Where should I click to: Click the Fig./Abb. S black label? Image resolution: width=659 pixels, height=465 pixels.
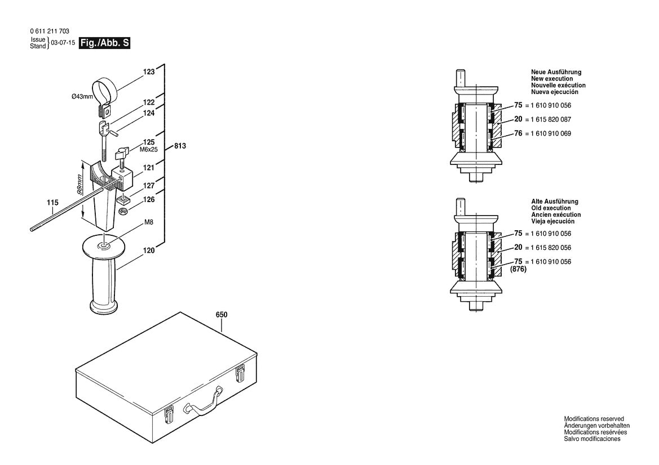point(105,43)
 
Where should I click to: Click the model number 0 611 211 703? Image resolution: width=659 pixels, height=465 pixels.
point(50,32)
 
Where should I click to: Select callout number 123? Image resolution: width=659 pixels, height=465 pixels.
point(148,72)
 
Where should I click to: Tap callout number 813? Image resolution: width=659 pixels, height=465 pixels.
point(180,146)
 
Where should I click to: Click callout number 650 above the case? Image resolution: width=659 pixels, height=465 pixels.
point(222,315)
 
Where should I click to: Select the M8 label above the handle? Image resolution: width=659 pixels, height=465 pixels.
point(149,222)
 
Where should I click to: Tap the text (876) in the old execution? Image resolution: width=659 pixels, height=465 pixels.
point(518,270)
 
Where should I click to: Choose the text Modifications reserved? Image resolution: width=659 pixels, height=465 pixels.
point(594,419)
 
